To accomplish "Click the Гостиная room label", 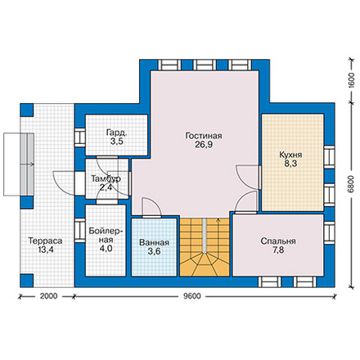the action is (x=204, y=136).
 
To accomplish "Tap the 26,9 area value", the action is (x=204, y=145).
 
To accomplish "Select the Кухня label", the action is (x=290, y=155).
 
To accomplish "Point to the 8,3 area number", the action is (x=290, y=164).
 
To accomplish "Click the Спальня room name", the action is (x=278, y=241).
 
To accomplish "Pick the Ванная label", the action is (x=154, y=242).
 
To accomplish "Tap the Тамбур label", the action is (x=106, y=179).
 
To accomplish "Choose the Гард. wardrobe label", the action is (x=116, y=133).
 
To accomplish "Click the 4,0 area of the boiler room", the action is (x=106, y=249).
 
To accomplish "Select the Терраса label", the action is (x=45, y=241).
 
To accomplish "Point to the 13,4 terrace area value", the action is (x=46, y=250).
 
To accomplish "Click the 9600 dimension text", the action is (x=191, y=296).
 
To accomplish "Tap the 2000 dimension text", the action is (x=49, y=296).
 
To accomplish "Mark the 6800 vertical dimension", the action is (x=351, y=184).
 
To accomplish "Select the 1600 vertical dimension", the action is (x=351, y=80).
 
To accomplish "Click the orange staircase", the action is (x=205, y=247).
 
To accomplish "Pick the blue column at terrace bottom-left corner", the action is (x=27, y=281).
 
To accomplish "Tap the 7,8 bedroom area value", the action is (x=278, y=250).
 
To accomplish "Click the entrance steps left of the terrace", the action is (x=19, y=164).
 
